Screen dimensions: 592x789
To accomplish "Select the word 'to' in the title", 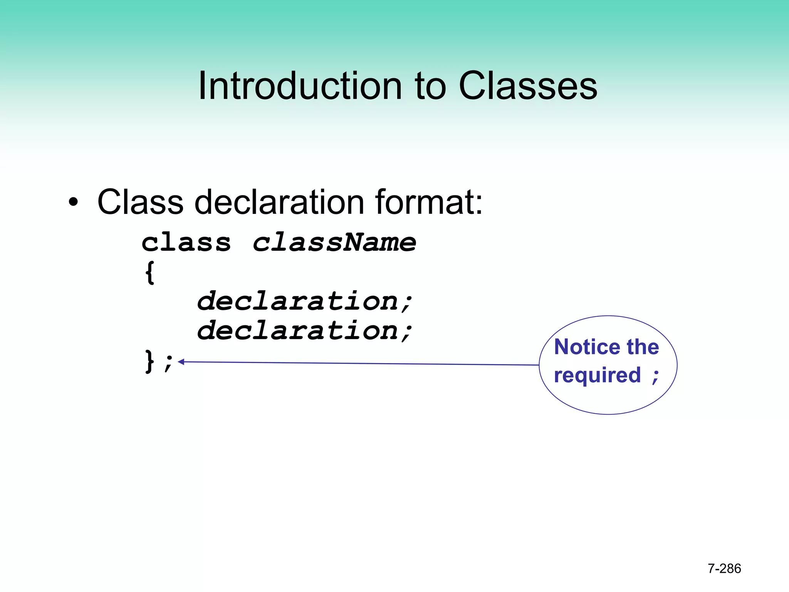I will tap(430, 86).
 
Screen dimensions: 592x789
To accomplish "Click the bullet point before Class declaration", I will tap(73, 202).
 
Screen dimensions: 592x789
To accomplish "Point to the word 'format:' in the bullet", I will tap(429, 202).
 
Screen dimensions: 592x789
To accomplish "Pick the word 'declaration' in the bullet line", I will tap(279, 202).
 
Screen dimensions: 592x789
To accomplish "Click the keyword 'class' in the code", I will tap(186, 243).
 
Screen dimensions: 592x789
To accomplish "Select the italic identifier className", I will tap(334, 243).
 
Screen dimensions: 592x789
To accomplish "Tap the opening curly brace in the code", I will tap(150, 272).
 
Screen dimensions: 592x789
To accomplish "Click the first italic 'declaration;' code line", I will tap(304, 301).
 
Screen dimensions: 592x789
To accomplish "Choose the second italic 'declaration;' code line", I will tap(304, 331).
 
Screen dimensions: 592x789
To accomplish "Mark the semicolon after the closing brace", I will tap(168, 363).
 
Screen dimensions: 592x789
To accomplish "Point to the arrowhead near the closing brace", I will tap(181, 362).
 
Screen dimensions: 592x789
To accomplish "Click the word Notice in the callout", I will tap(587, 347).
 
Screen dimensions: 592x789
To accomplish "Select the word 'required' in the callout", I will tap(597, 375).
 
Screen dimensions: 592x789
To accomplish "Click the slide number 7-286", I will tap(724, 568).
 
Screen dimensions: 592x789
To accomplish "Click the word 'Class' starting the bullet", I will tap(140, 202).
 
